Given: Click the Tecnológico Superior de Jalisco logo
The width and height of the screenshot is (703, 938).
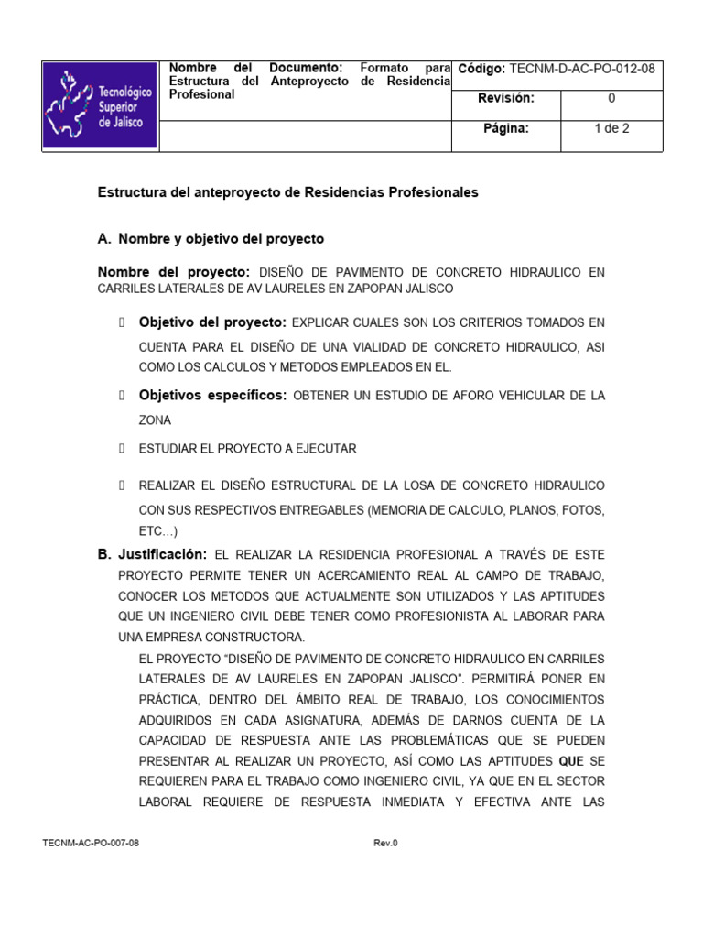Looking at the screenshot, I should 100,106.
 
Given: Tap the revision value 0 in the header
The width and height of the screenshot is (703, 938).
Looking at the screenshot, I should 611,98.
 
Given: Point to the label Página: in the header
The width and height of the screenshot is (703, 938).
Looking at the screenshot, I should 506,128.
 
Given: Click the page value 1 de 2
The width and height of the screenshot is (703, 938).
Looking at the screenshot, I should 611,128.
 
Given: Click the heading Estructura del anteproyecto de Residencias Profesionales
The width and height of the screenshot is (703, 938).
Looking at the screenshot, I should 287,192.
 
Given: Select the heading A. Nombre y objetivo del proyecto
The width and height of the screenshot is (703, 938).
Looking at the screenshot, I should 211,238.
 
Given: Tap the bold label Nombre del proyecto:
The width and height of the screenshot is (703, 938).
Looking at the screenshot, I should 174,272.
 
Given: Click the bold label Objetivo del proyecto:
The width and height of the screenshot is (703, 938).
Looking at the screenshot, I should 212,322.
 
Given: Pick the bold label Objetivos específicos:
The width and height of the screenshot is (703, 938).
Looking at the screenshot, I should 212,395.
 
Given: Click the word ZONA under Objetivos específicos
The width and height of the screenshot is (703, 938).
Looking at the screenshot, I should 155,420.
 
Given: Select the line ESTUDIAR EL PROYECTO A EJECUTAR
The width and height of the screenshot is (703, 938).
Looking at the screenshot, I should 247,449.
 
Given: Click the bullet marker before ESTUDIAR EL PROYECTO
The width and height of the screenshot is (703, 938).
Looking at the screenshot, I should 121,449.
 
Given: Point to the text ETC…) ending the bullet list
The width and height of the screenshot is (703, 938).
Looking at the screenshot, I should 158,531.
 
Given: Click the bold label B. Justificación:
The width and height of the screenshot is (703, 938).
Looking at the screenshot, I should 152,554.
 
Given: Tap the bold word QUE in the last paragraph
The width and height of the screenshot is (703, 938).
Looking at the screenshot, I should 569,761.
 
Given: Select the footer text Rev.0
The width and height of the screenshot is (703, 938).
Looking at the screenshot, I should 385,843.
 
